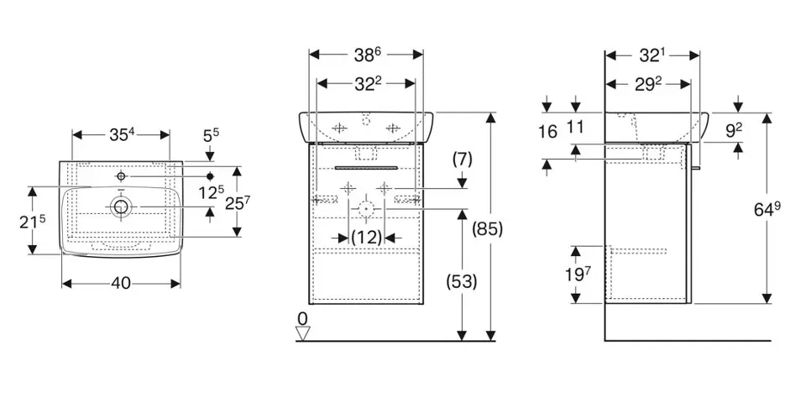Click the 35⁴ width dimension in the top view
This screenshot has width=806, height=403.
pyautogui.click(x=121, y=134)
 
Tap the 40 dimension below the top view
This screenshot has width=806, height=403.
pyautogui.click(x=121, y=284)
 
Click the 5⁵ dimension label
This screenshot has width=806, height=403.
pyautogui.click(x=209, y=134)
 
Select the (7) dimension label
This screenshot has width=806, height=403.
pyautogui.click(x=463, y=159)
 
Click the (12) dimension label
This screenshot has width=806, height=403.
pyautogui.click(x=366, y=238)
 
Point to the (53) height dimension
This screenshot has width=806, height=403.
pyautogui.click(x=461, y=282)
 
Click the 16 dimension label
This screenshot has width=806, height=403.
pyautogui.click(x=547, y=131)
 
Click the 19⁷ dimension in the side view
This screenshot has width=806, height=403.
pyautogui.click(x=576, y=274)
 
